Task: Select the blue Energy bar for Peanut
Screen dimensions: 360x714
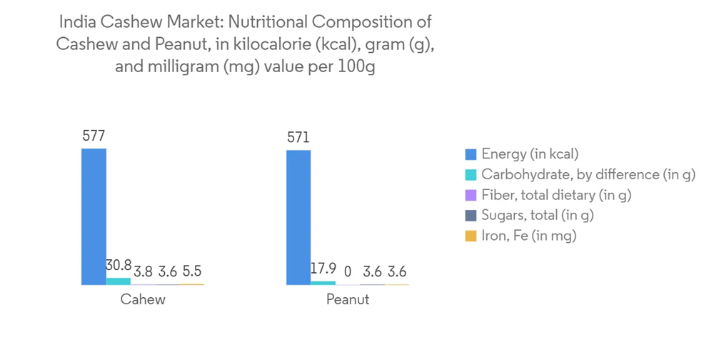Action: (x=298, y=217)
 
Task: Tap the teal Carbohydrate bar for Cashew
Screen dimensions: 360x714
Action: (x=119, y=281)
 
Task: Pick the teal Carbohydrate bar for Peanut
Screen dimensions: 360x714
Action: (x=323, y=283)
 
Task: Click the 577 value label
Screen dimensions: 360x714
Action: (x=94, y=136)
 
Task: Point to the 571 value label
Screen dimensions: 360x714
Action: (x=298, y=137)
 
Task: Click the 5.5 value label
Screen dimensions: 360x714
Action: (x=192, y=272)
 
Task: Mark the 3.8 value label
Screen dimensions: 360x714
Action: (x=143, y=272)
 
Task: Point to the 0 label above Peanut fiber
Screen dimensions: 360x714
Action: (x=348, y=272)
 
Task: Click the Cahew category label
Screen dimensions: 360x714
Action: (x=143, y=299)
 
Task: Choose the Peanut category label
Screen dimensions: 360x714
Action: (x=348, y=299)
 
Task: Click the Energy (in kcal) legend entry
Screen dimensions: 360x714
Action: (x=529, y=154)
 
